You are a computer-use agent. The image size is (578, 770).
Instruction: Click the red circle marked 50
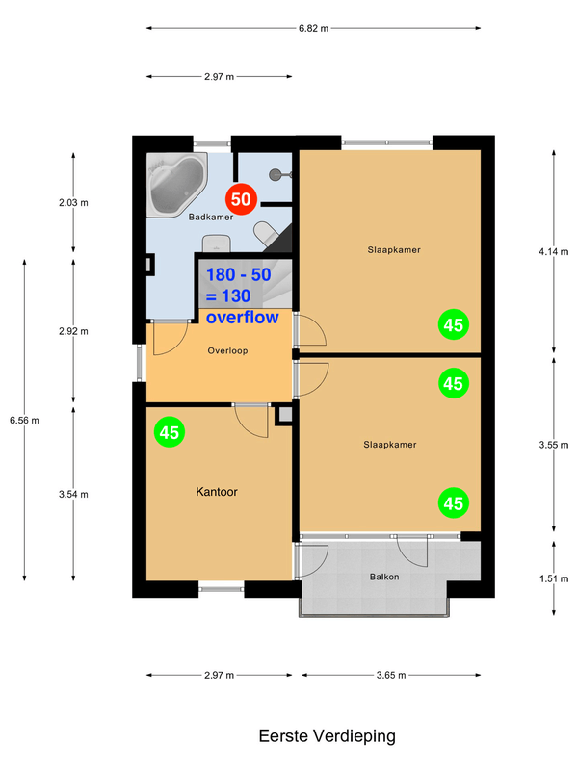pos(242,200)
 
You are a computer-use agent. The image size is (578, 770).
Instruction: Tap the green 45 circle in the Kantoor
pos(170,432)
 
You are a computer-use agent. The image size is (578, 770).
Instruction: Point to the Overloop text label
pos(227,350)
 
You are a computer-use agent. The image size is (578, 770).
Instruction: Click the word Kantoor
pos(217,491)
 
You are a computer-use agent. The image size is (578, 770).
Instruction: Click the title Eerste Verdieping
pos(328,736)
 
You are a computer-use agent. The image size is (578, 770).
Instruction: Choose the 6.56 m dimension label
pos(24,419)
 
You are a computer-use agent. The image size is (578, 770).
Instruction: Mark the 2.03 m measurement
pos(73,202)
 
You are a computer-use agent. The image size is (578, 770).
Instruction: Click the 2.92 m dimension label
pos(73,331)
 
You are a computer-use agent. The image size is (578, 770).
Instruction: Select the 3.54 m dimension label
pos(73,495)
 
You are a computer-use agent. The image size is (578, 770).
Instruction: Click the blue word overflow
pos(243,317)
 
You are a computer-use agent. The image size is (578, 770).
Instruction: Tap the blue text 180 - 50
pos(240,275)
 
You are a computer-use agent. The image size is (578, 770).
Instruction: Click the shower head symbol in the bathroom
pos(278,175)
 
